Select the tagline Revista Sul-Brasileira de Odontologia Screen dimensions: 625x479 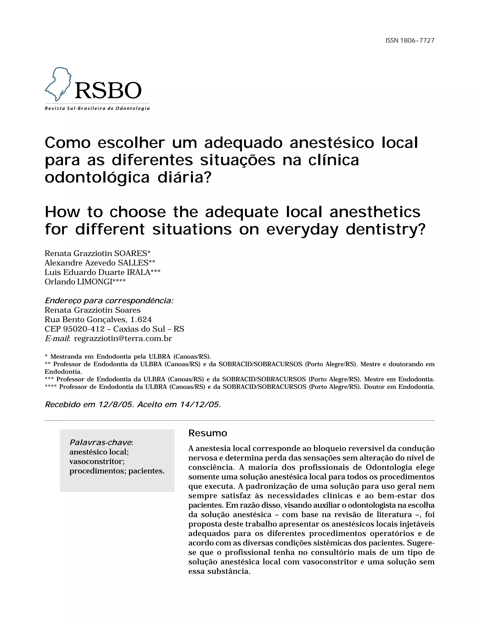(97, 108)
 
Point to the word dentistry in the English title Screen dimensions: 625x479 (385, 229)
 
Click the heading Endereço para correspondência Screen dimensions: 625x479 (109, 301)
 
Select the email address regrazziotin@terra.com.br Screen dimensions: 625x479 (123, 338)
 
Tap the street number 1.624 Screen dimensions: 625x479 (141, 319)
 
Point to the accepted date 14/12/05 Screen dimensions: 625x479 (200, 404)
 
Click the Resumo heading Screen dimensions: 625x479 (207, 433)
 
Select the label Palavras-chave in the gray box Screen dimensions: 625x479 (100, 443)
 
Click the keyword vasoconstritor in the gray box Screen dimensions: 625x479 (97, 461)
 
